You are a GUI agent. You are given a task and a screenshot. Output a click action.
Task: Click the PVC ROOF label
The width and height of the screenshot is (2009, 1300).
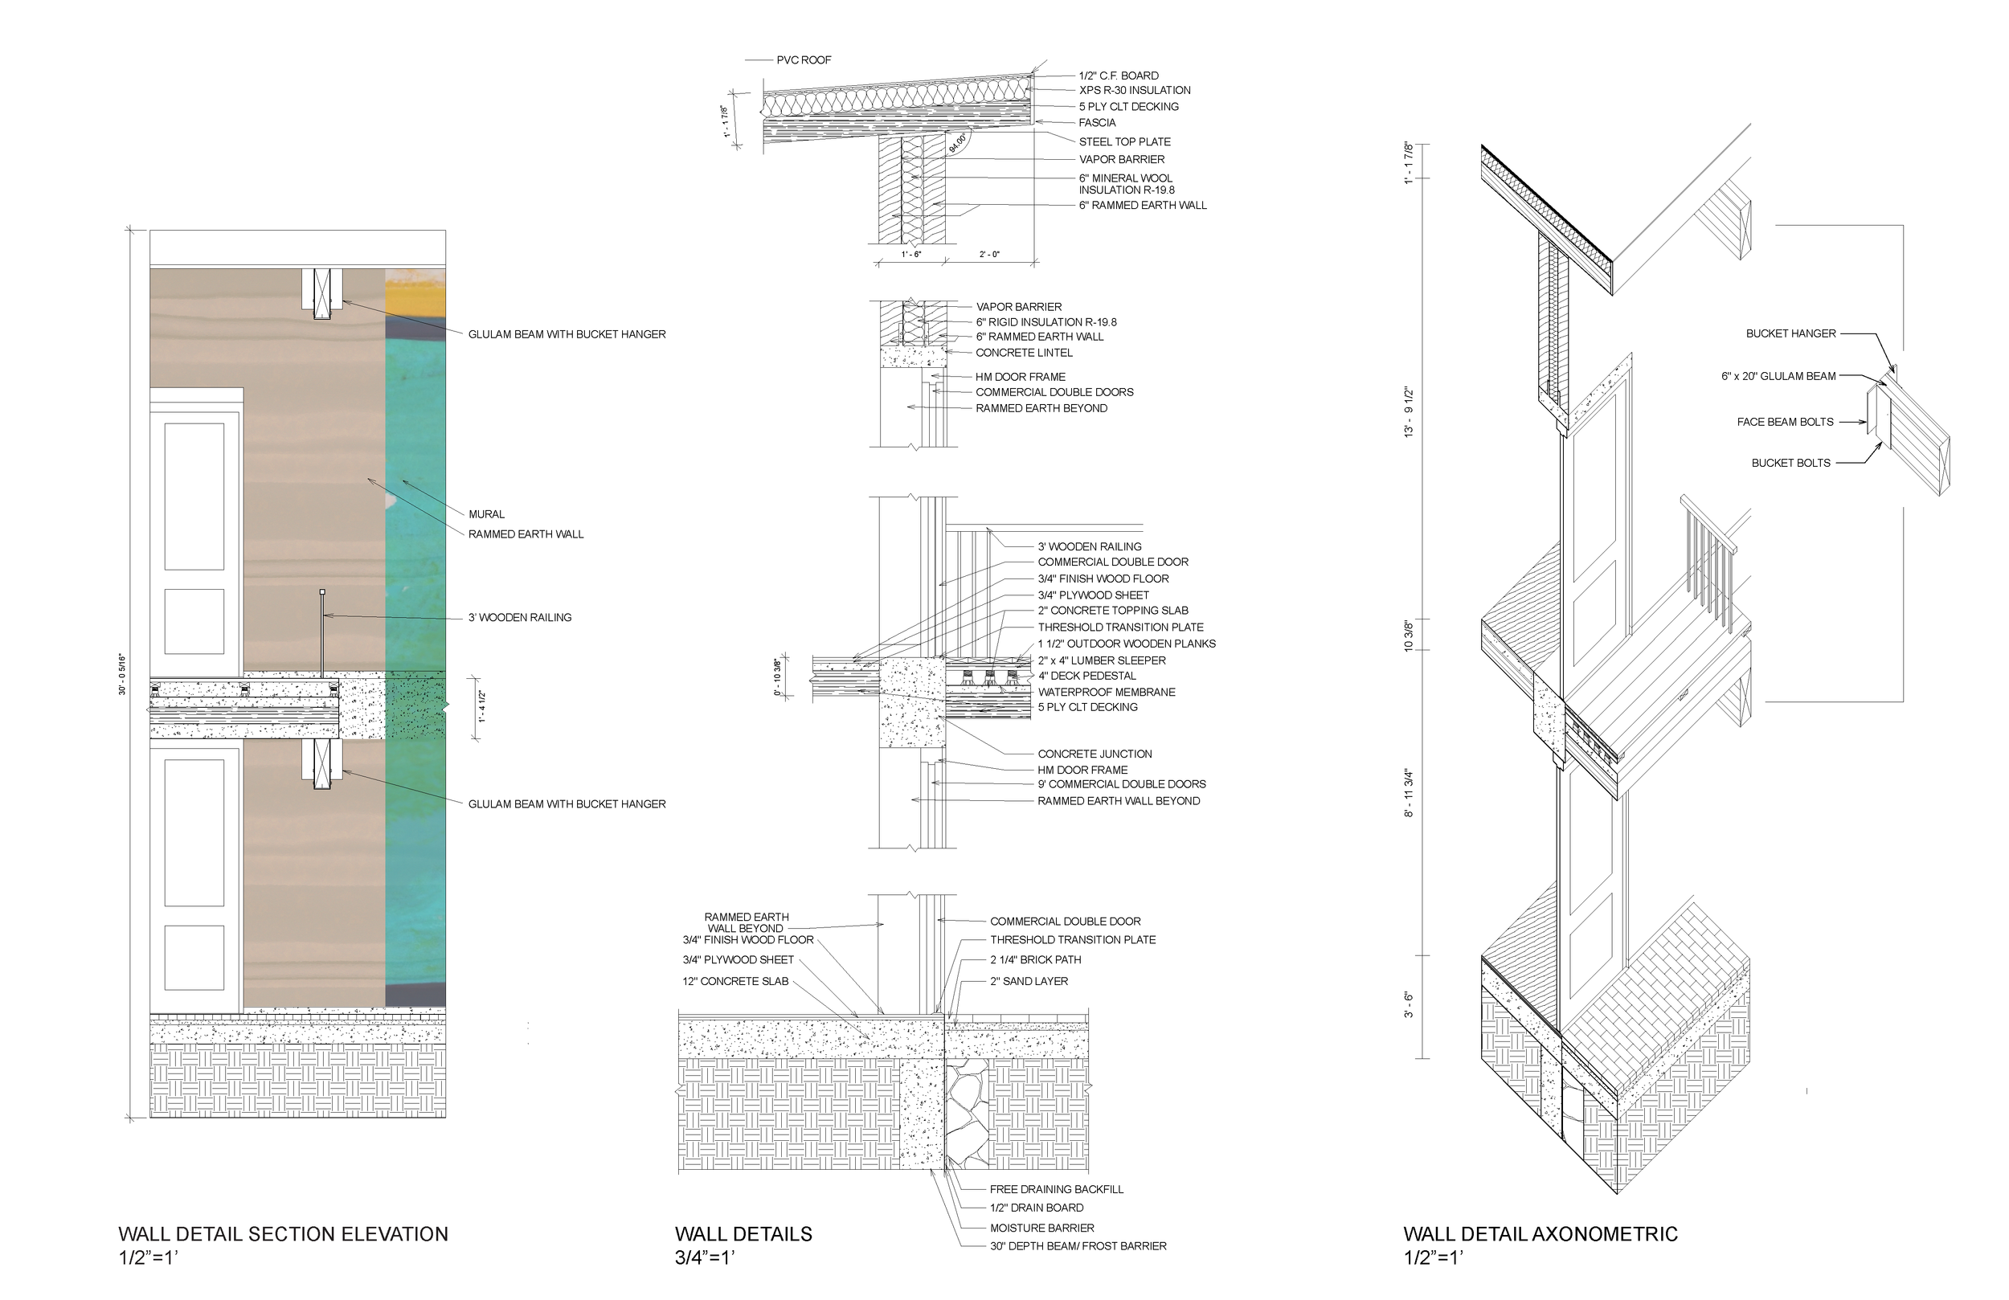pos(803,60)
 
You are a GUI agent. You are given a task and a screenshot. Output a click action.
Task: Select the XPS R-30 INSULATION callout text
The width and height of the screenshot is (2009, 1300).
pos(1134,90)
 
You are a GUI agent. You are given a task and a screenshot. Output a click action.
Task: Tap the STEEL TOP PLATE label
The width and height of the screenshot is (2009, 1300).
pos(1123,142)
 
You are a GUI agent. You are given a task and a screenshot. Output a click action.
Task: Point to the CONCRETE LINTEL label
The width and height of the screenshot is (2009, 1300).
pos(1023,353)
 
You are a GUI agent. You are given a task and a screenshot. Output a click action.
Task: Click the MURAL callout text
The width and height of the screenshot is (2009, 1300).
pos(486,514)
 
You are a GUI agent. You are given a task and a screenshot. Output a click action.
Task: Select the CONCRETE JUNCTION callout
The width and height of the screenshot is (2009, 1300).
pos(1094,754)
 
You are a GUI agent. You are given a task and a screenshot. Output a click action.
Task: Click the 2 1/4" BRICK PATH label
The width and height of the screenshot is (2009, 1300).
pos(1035,960)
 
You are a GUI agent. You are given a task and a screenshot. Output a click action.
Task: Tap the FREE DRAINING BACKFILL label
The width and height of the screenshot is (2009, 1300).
pos(1056,1189)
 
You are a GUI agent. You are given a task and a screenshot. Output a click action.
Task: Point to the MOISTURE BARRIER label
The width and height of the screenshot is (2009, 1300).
pos(1041,1228)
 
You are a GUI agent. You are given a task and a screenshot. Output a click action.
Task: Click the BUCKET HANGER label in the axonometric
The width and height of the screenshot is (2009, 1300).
pos(1790,333)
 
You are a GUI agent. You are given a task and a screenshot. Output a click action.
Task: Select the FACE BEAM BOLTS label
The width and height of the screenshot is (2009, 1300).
pos(1785,422)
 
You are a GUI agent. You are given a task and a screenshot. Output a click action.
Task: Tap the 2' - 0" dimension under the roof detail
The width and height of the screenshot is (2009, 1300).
pos(988,254)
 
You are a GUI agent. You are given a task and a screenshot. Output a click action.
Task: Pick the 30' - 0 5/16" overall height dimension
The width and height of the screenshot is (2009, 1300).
pos(122,673)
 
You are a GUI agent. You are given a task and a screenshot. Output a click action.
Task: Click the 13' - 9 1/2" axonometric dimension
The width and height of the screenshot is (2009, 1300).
pos(1408,412)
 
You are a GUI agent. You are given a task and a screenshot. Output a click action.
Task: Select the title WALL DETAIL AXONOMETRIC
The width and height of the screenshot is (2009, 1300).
pos(1540,1234)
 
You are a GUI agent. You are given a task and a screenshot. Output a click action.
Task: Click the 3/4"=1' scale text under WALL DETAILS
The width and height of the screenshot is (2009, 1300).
pos(705,1257)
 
